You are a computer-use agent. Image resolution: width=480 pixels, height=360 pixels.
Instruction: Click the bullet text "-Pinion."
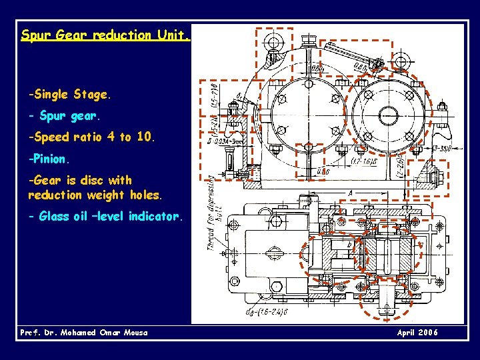pyautogui.click(x=48, y=159)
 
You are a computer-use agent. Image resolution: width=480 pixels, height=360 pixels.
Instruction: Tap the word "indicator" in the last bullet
pyautogui.click(x=153, y=216)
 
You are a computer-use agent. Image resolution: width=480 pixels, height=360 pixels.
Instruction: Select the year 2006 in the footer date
pyautogui.click(x=427, y=333)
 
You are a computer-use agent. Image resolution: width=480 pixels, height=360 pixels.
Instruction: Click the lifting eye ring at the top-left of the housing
pyautogui.click(x=273, y=43)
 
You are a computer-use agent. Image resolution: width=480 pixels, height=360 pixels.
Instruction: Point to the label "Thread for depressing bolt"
pyautogui.click(x=215, y=213)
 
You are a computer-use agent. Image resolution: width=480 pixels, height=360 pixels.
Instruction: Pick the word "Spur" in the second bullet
pyautogui.click(x=52, y=116)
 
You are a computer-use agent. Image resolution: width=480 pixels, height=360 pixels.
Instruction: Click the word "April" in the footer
pyautogui.click(x=407, y=333)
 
